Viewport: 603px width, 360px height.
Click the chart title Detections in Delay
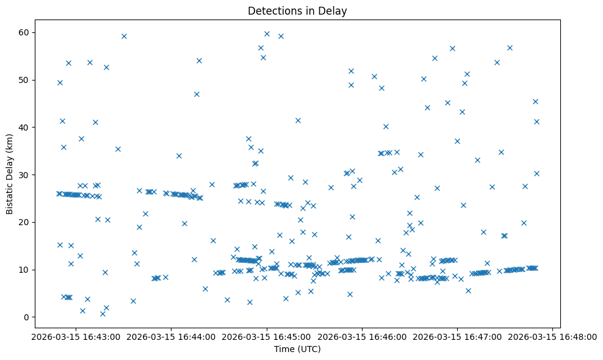(297, 10)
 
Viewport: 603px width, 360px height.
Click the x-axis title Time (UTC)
(297, 349)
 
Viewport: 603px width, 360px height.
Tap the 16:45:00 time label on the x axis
(266, 336)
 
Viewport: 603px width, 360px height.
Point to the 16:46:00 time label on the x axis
(362, 336)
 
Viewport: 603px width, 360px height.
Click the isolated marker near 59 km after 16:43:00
(124, 36)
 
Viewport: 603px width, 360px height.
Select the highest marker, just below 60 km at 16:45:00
(267, 34)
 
